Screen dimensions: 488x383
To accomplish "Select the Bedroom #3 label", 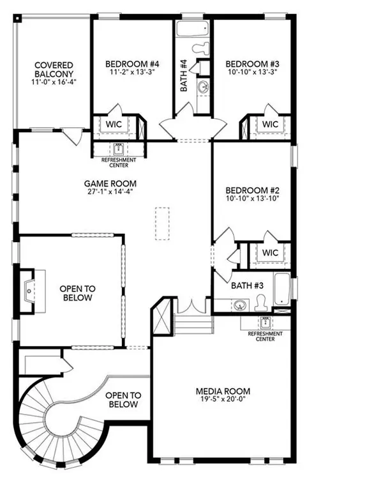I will (252, 64).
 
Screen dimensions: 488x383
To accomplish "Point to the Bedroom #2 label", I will (252, 190).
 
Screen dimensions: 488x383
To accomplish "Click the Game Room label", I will (114, 183).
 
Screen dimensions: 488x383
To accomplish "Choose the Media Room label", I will (222, 391).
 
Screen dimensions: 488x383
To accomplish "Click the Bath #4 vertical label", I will (183, 75).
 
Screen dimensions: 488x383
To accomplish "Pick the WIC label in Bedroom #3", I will (270, 125).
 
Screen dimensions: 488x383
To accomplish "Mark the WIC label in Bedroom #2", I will (270, 252).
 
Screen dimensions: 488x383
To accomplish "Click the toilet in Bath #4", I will (202, 46).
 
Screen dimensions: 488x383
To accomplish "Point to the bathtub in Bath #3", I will (282, 289).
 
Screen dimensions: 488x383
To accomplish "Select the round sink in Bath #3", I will (240, 305).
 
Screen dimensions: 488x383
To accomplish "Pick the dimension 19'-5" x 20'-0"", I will (222, 400).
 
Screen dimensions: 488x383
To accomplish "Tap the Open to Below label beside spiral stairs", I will (122, 400).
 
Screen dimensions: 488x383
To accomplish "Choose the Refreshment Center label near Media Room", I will (261, 337).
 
